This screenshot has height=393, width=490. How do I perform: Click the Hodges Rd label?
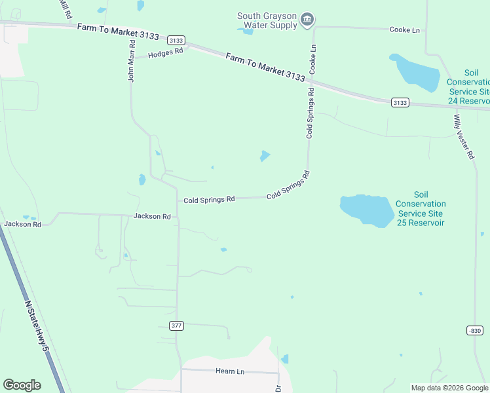click(165, 54)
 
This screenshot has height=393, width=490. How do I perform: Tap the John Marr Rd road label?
click(131, 60)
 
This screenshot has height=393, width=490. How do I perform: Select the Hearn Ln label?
click(229, 371)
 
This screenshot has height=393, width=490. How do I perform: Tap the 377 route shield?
click(176, 326)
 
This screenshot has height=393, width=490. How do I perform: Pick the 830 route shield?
click(475, 330)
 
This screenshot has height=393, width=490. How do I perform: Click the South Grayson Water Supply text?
click(267, 21)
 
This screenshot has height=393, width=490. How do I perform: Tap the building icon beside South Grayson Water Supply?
click(307, 21)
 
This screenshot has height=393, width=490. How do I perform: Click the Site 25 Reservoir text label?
click(421, 209)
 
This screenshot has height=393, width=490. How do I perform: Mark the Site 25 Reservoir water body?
click(367, 210)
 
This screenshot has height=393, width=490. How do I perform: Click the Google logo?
click(22, 385)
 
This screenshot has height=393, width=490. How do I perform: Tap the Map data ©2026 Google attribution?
click(449, 388)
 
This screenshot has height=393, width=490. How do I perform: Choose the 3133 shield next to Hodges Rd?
click(176, 40)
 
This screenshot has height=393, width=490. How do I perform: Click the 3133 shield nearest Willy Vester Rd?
click(400, 102)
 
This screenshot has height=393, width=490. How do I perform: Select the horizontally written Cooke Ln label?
click(404, 30)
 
